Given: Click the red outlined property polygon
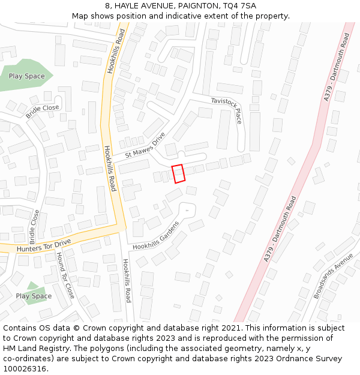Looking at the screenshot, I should [x=178, y=173].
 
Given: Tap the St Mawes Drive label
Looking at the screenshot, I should [x=145, y=146].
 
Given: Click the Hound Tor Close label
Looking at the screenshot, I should [x=65, y=275].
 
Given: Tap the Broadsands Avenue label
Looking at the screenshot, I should [x=334, y=276].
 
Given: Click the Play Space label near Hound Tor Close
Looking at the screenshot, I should [x=34, y=296].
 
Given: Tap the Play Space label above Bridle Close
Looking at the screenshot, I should [x=26, y=76].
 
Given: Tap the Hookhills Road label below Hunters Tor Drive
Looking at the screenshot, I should [x=127, y=280].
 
